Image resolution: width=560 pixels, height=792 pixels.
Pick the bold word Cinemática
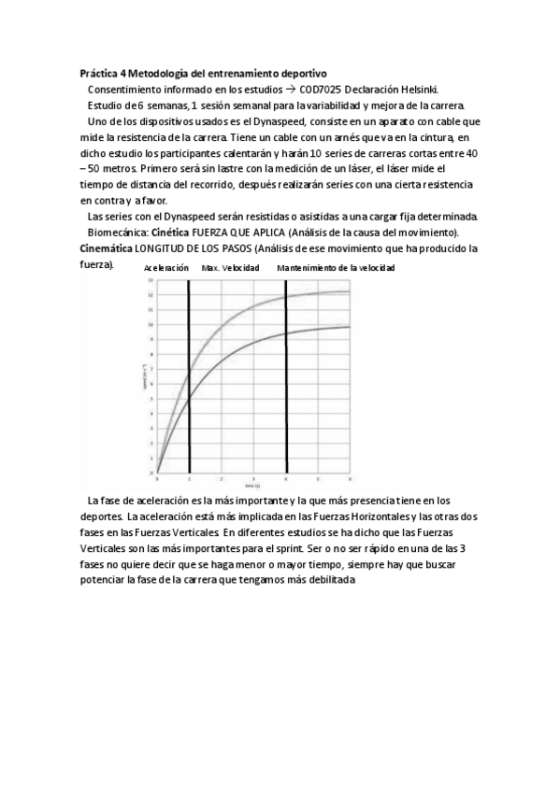tap(106, 247)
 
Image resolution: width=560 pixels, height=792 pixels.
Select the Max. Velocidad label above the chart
tap(230, 268)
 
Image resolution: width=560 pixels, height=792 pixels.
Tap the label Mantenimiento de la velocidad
tap(336, 268)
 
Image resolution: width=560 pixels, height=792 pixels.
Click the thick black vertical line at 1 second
tap(190, 392)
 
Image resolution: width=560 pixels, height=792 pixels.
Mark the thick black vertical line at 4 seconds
tap(286, 392)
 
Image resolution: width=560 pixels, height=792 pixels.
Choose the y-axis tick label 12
tap(151, 294)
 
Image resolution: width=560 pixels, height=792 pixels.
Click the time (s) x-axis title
tap(252, 487)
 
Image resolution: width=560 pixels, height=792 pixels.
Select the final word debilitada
tap(328, 579)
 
